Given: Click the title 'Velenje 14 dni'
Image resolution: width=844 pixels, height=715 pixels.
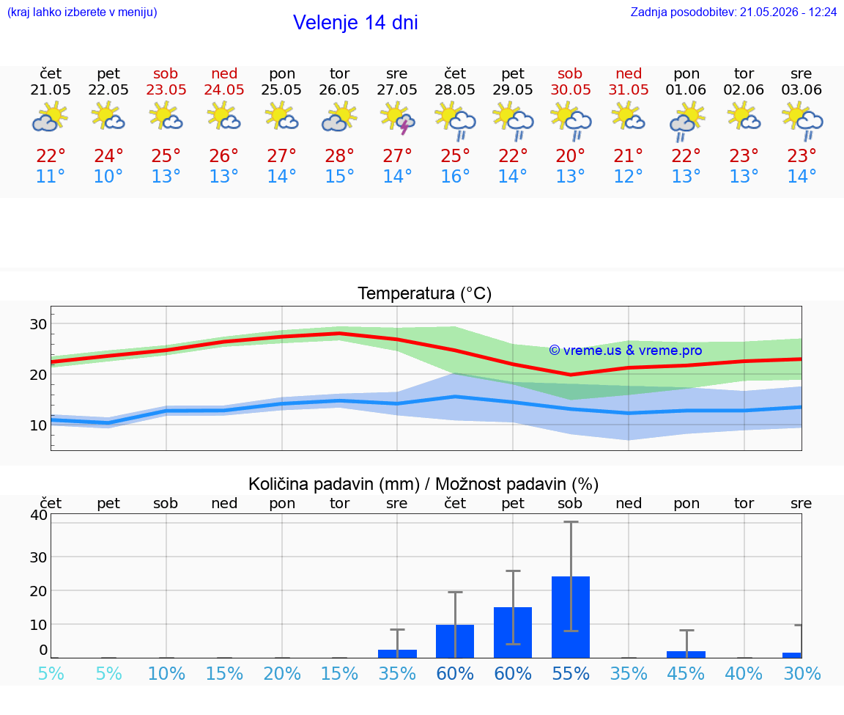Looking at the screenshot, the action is (x=355, y=23).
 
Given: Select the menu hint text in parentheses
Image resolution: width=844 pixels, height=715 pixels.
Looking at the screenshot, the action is (x=82, y=12).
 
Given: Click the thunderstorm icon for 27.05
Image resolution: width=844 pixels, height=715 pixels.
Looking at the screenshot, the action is (x=397, y=119).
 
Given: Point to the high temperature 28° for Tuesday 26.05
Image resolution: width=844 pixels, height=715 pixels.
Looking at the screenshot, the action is (x=339, y=155).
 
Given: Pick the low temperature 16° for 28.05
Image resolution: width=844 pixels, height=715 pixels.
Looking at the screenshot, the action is (x=455, y=176).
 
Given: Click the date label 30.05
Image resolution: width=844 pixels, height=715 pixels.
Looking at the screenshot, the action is (x=571, y=90).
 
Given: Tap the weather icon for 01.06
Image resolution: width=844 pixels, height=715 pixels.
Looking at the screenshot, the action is (x=686, y=122).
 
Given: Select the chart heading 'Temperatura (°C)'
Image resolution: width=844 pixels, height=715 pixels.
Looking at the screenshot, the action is (x=425, y=293).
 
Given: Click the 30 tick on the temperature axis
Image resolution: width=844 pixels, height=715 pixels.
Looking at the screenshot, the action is (x=38, y=324).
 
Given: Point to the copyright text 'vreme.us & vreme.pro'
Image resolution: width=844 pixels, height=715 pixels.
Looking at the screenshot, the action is (x=626, y=351).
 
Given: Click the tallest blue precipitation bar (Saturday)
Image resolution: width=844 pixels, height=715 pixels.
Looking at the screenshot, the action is (x=571, y=617).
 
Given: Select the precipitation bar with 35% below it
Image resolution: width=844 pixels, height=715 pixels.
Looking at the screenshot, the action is (x=397, y=653).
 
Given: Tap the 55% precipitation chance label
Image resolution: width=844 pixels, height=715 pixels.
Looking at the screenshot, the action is (x=571, y=673).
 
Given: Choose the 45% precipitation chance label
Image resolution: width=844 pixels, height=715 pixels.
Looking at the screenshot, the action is (x=686, y=673).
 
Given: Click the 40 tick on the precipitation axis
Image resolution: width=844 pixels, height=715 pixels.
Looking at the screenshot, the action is (x=39, y=515).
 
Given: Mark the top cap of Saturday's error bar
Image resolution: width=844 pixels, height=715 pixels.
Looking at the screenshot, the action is (x=571, y=521).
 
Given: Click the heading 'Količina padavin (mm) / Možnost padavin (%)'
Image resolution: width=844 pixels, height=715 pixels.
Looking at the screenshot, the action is (x=423, y=484).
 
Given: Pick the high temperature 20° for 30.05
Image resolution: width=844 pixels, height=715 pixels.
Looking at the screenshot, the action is (x=571, y=155).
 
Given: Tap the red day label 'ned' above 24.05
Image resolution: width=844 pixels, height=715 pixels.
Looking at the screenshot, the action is (x=224, y=73).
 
